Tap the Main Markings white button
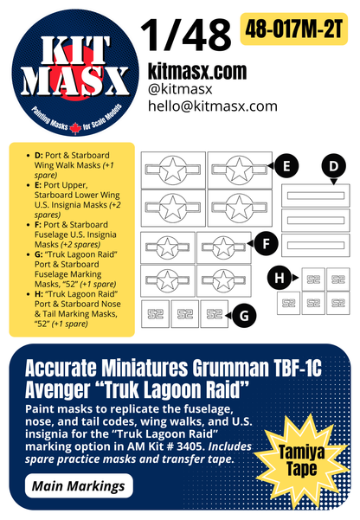tap(79, 487)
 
